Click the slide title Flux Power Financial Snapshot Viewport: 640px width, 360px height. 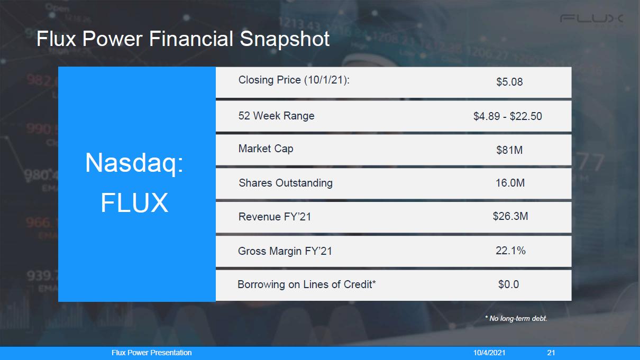click(183, 39)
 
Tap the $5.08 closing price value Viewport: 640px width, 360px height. click(509, 82)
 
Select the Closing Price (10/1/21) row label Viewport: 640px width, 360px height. click(294, 80)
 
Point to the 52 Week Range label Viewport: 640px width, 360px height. click(276, 116)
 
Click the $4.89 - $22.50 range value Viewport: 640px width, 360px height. click(507, 116)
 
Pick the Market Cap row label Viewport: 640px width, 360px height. click(266, 149)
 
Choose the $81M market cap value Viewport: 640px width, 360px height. click(509, 150)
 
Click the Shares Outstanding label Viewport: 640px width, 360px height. click(286, 183)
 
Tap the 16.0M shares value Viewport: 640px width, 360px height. click(510, 183)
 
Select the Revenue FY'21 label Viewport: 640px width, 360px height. click(275, 217)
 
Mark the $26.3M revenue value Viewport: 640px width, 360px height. click(510, 216)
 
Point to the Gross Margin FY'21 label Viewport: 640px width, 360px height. click(285, 251)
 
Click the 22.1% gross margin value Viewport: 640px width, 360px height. click(510, 251)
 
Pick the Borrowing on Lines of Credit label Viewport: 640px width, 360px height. click(307, 284)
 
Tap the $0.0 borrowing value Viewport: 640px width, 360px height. click(509, 284)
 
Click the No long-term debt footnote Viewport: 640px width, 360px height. click(516, 318)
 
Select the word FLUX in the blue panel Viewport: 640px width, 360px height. click(134, 202)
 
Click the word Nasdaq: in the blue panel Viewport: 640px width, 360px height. click(134, 163)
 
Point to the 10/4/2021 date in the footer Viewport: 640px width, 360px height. click(489, 353)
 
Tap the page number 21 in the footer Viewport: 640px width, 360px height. click(551, 353)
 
